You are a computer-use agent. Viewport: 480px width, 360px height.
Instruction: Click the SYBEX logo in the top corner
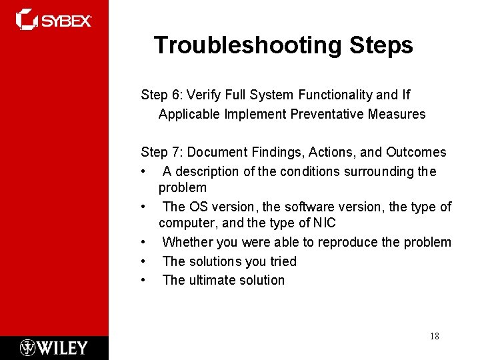point(53,19)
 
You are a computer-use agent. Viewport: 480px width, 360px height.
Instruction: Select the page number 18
point(434,337)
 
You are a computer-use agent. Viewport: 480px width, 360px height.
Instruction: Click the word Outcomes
point(416,152)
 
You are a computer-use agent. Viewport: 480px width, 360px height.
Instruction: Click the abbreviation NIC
point(323,223)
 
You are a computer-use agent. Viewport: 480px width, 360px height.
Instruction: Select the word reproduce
point(349,242)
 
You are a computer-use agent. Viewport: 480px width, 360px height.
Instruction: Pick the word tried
point(283,261)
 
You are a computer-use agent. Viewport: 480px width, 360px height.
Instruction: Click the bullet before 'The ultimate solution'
point(143,281)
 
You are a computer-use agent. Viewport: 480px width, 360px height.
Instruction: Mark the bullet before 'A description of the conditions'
point(143,172)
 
